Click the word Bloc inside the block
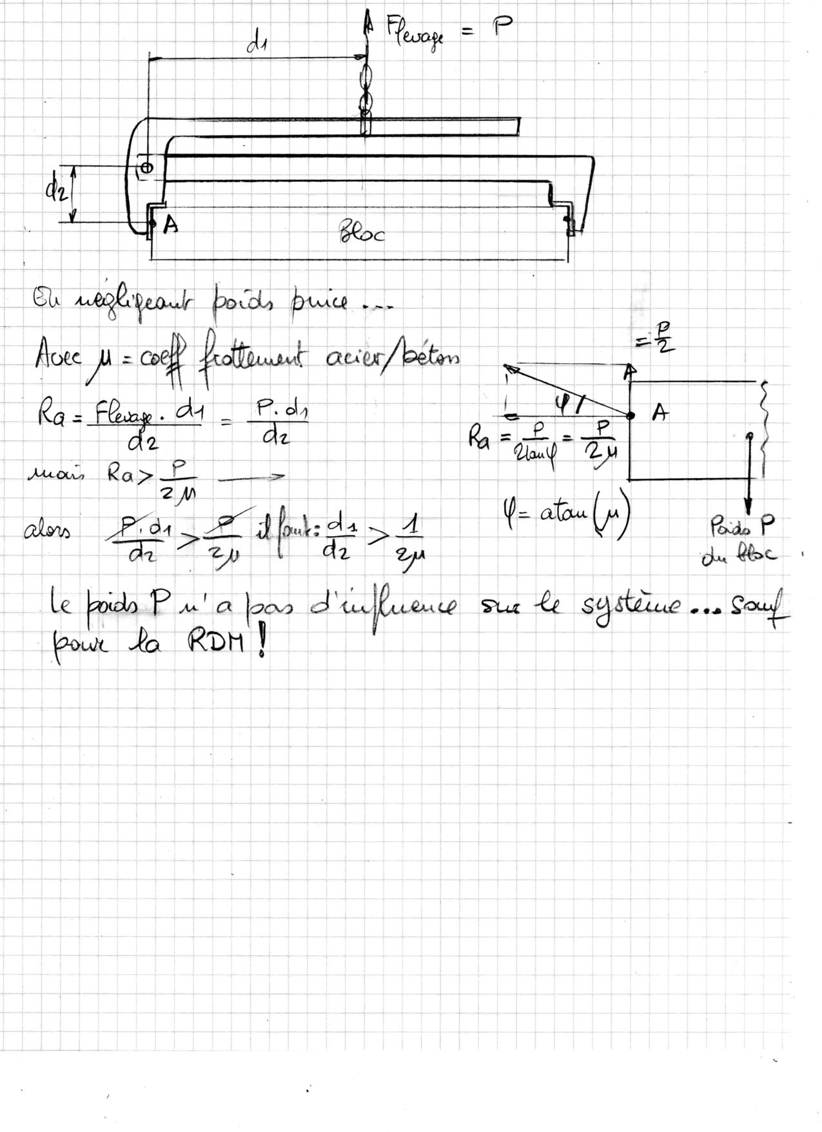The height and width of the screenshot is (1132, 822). [x=362, y=232]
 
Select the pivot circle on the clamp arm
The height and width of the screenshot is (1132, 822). [x=146, y=168]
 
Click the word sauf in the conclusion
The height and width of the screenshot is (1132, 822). [x=764, y=607]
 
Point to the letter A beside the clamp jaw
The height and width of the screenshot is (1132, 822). [x=171, y=224]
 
